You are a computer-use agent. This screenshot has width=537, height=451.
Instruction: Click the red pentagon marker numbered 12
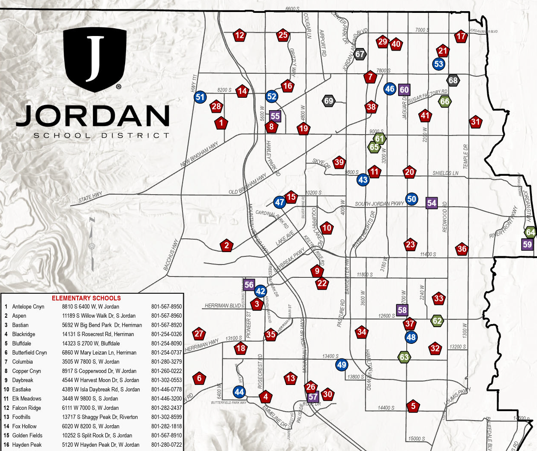240,36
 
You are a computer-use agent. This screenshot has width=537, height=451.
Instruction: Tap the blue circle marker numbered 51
200,97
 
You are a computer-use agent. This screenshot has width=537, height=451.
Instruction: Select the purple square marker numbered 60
404,90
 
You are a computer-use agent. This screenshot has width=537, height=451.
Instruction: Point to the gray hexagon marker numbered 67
360,54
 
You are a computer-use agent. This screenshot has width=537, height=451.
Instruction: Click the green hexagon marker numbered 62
437,321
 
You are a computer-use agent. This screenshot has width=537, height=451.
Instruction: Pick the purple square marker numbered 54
432,203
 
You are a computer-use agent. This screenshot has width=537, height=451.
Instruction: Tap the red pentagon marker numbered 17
461,36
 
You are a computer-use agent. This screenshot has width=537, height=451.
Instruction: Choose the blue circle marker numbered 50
412,198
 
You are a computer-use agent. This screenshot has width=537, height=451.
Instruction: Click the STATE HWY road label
90,198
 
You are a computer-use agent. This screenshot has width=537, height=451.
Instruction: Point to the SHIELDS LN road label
445,173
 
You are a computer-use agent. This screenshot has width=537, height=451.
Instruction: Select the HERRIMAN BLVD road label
223,306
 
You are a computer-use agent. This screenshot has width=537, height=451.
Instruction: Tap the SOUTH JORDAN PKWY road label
379,204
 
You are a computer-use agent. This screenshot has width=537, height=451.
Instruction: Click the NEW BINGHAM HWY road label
199,154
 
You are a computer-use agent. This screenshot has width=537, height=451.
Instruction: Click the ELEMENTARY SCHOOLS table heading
86,298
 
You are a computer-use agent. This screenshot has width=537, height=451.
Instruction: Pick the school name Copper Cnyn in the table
27,371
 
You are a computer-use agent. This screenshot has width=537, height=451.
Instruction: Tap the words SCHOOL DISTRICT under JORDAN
102,135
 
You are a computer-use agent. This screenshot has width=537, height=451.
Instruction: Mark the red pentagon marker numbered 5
413,406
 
